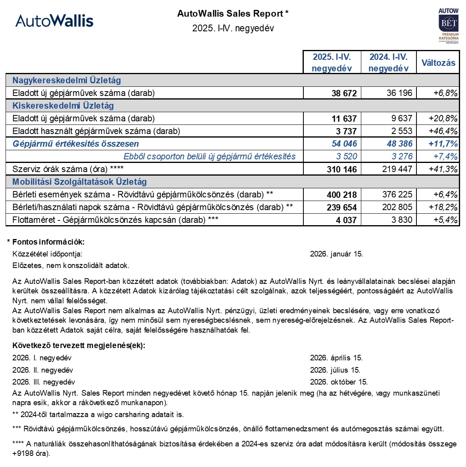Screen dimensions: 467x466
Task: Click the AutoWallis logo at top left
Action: point(54,21)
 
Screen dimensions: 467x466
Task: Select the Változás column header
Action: point(438,63)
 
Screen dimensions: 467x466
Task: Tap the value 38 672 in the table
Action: point(344,93)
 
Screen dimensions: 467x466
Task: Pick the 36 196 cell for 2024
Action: point(399,93)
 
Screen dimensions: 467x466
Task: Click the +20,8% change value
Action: point(443,119)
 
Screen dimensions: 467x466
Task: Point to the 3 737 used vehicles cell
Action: point(344,131)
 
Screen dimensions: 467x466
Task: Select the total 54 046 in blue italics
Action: point(344,144)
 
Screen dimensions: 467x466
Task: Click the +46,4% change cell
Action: point(443,131)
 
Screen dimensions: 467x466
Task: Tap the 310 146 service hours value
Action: point(341,169)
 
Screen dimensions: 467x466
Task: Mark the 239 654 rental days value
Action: point(341,207)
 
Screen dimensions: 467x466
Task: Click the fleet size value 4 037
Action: point(346,220)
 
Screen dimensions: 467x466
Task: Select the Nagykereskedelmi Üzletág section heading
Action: point(67,80)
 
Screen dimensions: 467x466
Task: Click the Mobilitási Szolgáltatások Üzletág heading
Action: point(79,182)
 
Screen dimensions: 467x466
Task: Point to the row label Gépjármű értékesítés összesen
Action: point(76,144)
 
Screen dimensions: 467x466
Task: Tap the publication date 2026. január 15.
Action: point(336,254)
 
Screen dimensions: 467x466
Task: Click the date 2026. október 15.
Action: point(339,382)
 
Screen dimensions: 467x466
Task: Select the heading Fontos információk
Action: point(48,242)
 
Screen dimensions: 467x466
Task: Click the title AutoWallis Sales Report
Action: point(230,14)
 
